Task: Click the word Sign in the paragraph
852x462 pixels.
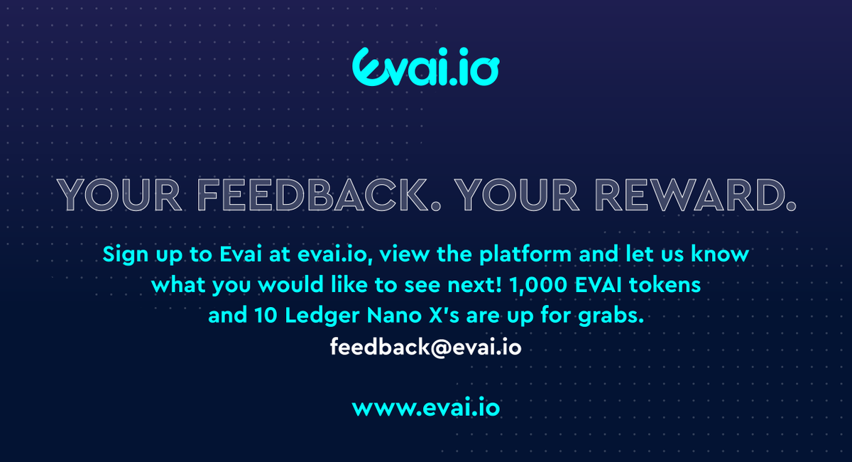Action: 126,254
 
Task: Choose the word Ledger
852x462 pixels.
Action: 317,316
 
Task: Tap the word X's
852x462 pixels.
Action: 434,316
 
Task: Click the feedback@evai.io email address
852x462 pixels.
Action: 426,348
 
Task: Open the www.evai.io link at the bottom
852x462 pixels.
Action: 426,409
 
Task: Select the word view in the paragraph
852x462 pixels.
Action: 422,254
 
